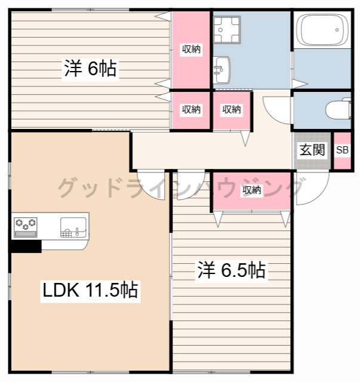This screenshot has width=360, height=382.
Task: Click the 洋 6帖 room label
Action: [x=90, y=69]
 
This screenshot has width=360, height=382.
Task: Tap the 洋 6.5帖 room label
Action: [x=231, y=270]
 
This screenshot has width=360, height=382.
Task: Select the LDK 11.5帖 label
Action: [x=90, y=291]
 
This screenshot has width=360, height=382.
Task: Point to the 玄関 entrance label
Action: [x=312, y=150]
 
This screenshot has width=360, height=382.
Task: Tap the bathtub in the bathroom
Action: [x=322, y=29]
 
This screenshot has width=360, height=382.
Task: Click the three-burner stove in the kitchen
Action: [x=25, y=224]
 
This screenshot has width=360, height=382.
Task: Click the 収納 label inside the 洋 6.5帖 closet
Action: [x=251, y=190]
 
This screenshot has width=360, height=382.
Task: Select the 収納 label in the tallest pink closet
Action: [x=192, y=50]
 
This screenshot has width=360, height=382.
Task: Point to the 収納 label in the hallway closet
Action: [x=232, y=109]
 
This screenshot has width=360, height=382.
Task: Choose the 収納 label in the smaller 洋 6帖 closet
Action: [x=192, y=109]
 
